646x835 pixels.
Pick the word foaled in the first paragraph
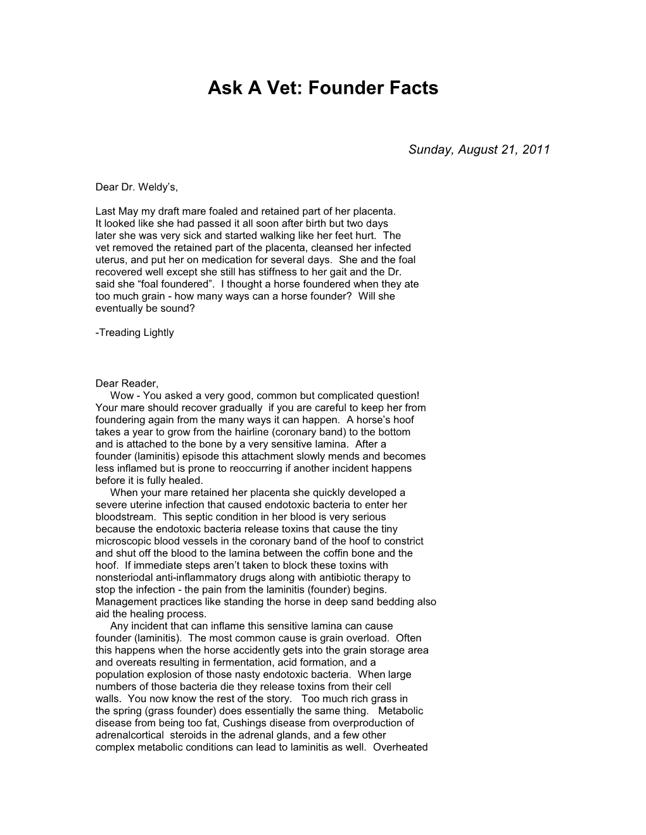click(220, 211)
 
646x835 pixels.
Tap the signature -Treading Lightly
click(134, 333)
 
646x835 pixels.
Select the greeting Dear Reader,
click(127, 383)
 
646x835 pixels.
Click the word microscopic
click(123, 541)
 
